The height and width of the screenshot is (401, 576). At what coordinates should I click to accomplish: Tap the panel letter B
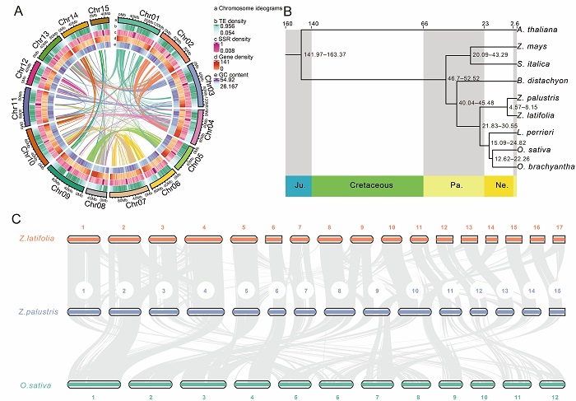point(286,10)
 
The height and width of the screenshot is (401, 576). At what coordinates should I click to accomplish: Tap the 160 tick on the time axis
point(287,24)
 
